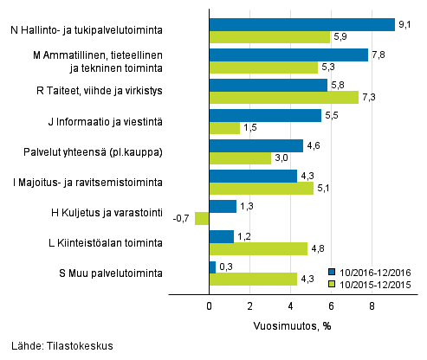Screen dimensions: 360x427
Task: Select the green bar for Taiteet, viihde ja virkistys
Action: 283,98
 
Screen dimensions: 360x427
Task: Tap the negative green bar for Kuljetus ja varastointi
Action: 203,219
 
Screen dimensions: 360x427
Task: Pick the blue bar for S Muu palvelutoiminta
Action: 212,267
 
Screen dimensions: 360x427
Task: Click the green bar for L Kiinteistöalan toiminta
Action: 258,249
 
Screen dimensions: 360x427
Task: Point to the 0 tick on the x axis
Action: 210,305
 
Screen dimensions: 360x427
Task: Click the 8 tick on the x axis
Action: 372,305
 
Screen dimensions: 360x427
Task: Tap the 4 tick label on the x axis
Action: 291,305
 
